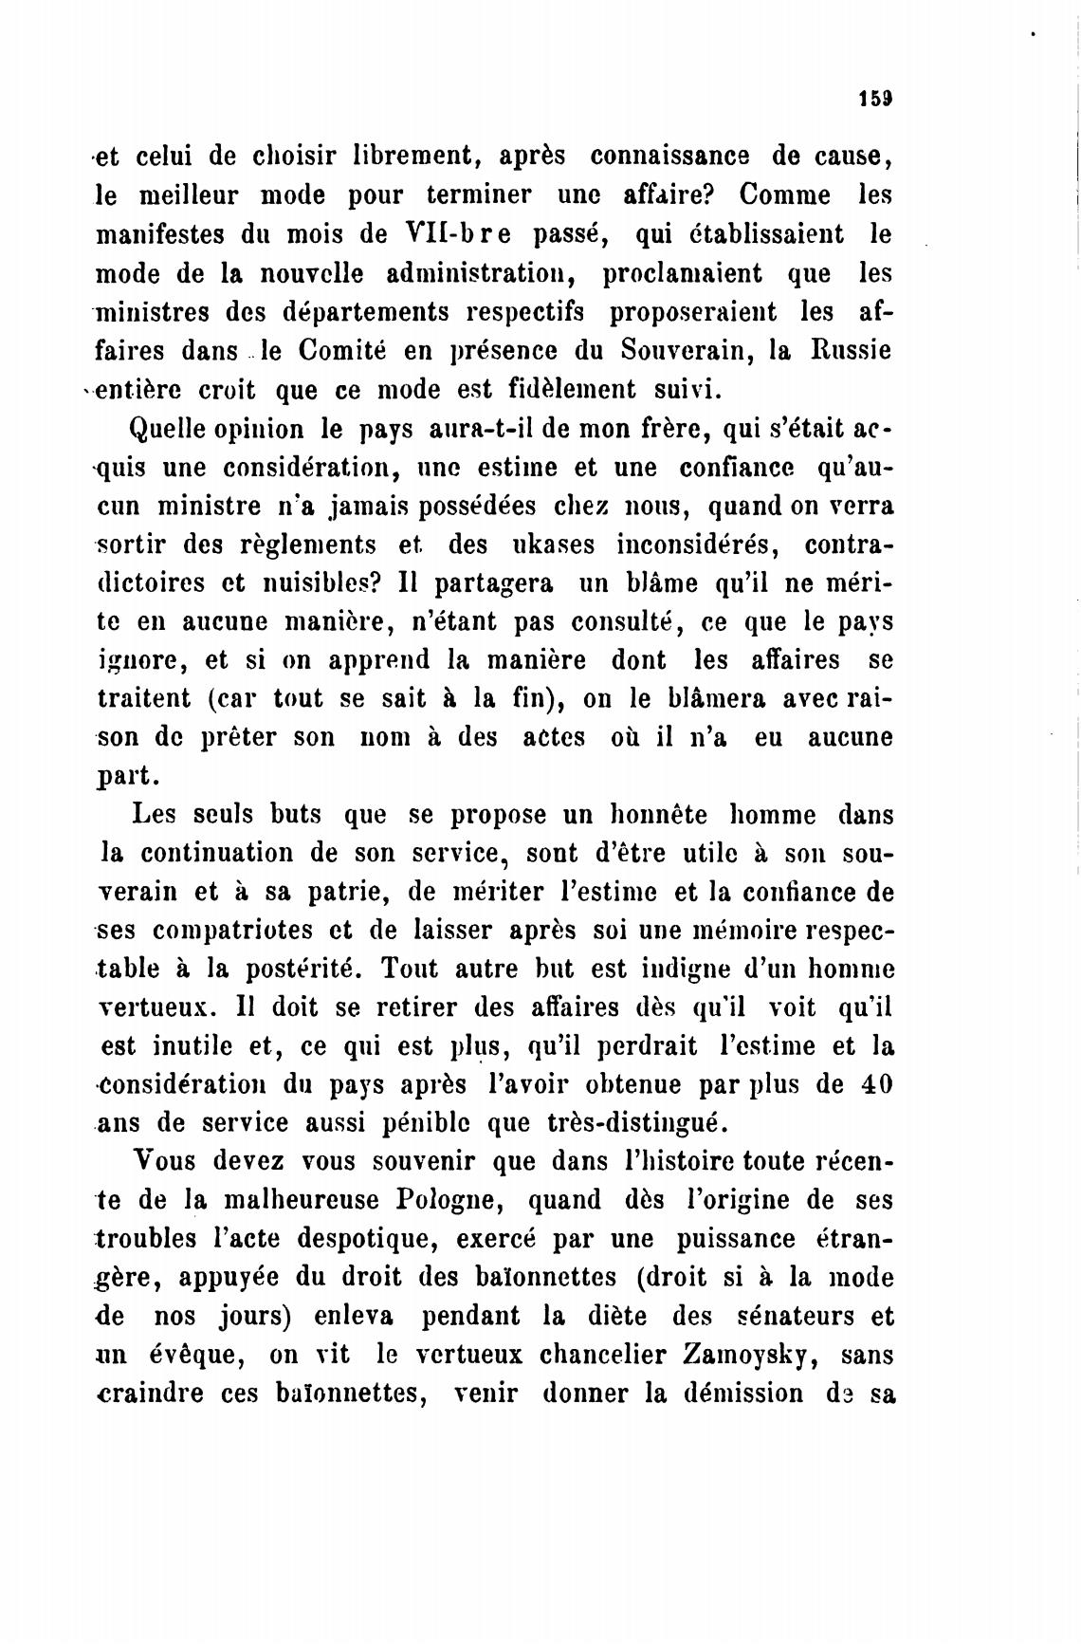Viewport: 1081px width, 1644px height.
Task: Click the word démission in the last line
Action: [x=741, y=1395]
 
